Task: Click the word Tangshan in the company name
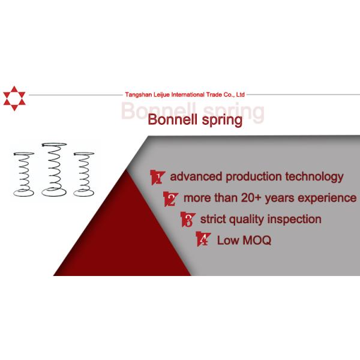136,95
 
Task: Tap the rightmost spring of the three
83,174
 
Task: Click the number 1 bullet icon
157,177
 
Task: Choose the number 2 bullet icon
171,199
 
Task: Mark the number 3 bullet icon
187,220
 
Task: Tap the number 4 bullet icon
203,241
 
